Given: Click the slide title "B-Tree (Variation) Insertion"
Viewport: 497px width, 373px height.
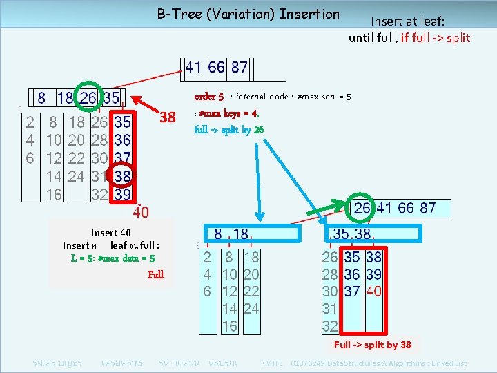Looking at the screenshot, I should click(248, 14).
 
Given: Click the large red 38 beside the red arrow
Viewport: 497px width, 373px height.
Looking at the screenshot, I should click(168, 117).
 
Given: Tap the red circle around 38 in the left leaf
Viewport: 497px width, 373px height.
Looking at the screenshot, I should click(123, 176).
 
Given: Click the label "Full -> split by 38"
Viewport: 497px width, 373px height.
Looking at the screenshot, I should click(373, 345).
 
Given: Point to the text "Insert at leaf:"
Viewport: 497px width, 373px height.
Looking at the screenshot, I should click(409, 22).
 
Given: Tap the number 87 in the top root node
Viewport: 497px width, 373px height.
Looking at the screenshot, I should click(240, 68).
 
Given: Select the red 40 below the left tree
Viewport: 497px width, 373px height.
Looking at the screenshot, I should click(141, 210).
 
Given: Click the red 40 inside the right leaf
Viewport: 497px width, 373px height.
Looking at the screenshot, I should click(373, 291).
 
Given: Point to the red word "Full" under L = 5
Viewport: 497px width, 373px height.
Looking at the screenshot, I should click(156, 274).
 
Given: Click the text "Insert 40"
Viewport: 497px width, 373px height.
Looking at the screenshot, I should click(111, 233).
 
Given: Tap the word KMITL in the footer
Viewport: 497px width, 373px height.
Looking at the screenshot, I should click(271, 363).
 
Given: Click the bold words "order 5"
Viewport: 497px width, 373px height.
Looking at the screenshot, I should click(209, 97).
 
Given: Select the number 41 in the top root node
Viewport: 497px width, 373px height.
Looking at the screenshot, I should click(193, 68).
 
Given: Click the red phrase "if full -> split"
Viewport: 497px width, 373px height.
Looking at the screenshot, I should click(429, 37).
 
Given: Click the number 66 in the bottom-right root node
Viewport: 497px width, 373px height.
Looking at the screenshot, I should click(405, 208).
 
